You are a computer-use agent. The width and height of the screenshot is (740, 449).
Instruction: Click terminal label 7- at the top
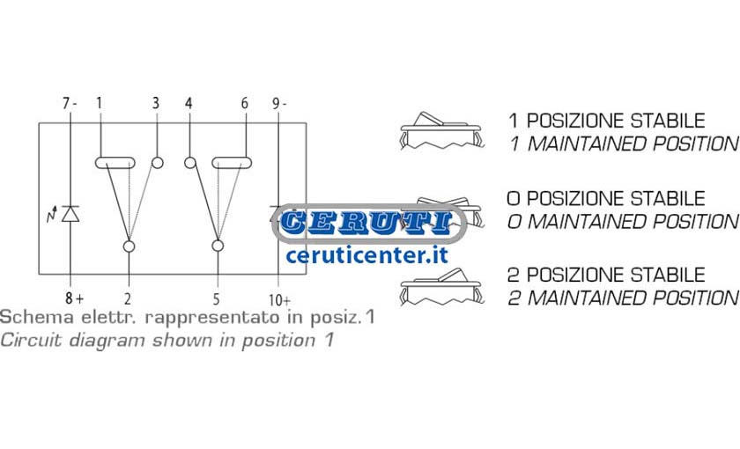pos(70,103)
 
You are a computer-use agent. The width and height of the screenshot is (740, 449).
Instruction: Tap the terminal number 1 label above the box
pos(99,103)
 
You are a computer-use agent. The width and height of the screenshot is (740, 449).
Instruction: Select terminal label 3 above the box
pos(156,103)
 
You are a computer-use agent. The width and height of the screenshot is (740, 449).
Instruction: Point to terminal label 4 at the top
pos(189,103)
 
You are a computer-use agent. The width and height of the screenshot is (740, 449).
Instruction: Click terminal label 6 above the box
pos(245,103)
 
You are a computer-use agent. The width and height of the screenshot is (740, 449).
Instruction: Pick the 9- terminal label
pos(279,103)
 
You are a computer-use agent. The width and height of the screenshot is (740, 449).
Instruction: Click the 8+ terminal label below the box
pos(75,298)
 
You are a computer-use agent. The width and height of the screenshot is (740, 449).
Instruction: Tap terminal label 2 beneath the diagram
pos(128,299)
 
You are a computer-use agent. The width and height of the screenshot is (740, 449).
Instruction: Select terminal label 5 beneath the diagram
pos(216,299)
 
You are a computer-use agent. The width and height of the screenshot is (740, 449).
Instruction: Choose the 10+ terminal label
pos(279,300)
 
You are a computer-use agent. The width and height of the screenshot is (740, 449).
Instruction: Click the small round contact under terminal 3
pos(158,163)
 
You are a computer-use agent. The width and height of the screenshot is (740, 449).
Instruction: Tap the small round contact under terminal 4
pos(190,163)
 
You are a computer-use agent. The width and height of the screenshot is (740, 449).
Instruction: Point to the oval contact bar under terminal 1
pos(115,163)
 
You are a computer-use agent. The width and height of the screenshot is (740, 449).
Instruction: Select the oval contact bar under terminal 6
pos(232,163)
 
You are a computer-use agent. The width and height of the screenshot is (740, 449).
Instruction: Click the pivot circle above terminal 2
pos(129,247)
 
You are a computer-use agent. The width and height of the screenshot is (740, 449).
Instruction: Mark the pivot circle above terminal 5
pos(218,246)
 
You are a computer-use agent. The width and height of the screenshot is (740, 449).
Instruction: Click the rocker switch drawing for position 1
pos(441,130)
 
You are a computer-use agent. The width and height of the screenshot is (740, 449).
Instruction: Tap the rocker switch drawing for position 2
pos(441,286)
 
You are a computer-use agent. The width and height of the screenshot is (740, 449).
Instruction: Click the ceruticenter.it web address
pos(366,255)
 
